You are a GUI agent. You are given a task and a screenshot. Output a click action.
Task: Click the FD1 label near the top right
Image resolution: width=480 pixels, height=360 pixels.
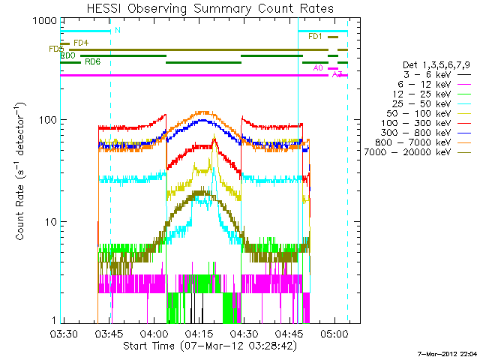coord(315,37)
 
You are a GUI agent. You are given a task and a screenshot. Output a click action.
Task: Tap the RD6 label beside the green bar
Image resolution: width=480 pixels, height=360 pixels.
coord(93,61)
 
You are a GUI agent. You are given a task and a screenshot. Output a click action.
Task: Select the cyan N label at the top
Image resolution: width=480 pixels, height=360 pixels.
coord(117,31)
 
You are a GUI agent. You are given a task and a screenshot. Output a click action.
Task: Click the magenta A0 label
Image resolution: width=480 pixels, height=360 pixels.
coord(318,68)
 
